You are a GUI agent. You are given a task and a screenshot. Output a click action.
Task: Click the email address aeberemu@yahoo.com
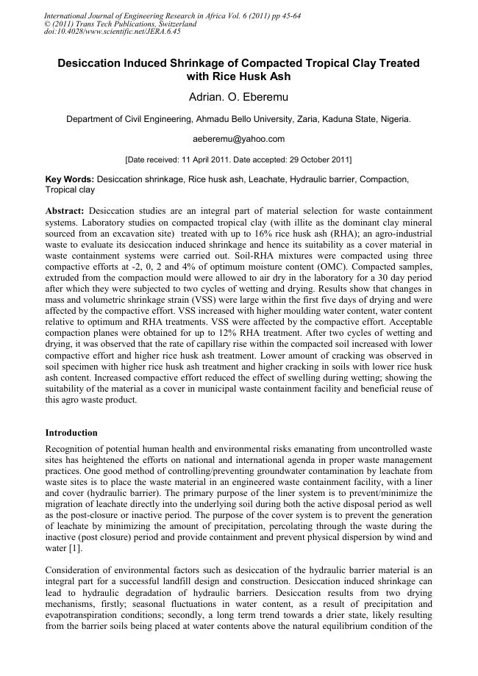238,139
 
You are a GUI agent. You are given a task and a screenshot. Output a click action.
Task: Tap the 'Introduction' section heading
71,433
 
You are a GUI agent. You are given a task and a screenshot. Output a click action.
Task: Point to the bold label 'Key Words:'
70,179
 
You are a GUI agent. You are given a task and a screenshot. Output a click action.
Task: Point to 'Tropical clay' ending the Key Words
70,190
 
